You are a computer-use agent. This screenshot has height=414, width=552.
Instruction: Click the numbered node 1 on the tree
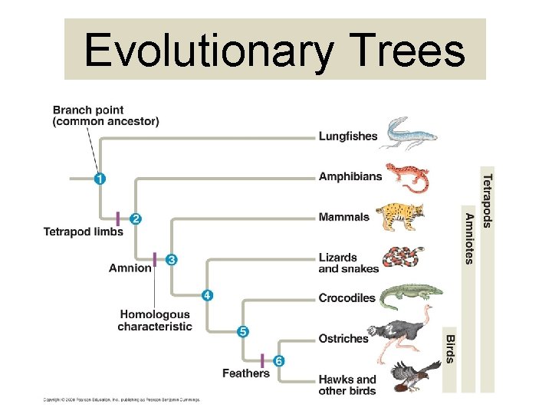[100, 179]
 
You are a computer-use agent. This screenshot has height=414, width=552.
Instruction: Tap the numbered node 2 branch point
[136, 219]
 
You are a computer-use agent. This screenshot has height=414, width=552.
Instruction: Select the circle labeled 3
[172, 259]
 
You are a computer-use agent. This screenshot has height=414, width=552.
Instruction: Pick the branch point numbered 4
[207, 295]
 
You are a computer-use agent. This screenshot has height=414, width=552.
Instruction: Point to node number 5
[242, 331]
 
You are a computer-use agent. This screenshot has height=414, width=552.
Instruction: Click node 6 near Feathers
[279, 360]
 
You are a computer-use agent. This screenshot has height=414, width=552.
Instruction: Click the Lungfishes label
[348, 136]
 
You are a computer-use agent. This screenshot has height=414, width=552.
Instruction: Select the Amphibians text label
[350, 176]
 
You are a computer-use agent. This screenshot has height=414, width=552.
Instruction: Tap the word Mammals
[343, 217]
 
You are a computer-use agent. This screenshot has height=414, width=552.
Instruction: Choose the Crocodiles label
[347, 297]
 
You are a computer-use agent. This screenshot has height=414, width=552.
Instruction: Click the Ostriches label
[343, 338]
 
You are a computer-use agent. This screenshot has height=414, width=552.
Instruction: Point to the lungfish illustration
[410, 133]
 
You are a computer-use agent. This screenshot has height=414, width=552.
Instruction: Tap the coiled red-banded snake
[404, 258]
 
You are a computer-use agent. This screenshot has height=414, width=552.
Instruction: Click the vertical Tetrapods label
[488, 200]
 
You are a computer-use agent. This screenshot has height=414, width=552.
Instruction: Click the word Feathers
[246, 373]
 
